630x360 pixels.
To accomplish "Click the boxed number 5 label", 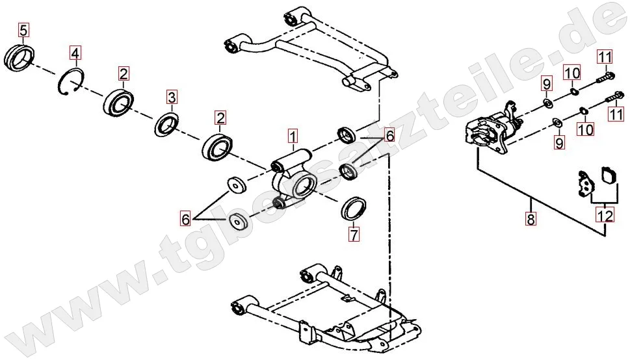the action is coord(23,30).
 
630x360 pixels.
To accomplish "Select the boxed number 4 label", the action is coord(75,53).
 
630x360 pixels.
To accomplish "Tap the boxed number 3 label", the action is coord(172,97).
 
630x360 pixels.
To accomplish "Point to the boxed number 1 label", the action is coord(293,136).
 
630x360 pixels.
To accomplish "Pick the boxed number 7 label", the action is coord(354,234).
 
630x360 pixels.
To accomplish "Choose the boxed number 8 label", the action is coord(531,219).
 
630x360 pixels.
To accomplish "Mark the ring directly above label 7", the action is coord(354,209).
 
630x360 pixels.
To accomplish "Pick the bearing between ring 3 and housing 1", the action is coord(217,148).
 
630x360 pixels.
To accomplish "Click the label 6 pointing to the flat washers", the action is coord(185,220).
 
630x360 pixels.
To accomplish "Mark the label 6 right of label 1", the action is coord(389,136).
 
